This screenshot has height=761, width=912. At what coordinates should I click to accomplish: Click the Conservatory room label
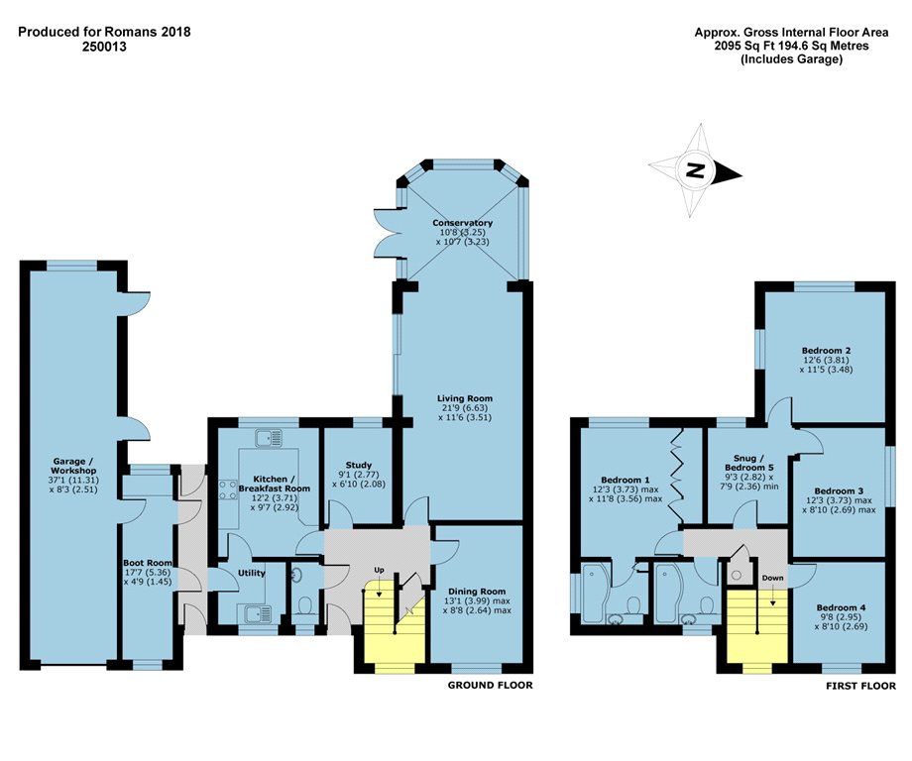(x=462, y=223)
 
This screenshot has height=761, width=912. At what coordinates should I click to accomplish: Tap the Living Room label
(x=465, y=398)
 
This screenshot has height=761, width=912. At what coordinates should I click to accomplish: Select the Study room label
(x=358, y=465)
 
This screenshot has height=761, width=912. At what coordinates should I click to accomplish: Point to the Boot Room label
(x=148, y=563)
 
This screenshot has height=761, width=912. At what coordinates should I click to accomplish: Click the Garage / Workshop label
(x=73, y=466)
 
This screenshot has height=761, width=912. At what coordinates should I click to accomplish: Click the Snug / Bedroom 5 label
(x=749, y=463)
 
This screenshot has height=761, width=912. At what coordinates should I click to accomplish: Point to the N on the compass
(x=695, y=170)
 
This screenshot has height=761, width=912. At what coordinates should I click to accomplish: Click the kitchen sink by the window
(x=268, y=438)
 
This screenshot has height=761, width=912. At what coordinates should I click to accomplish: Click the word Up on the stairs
(x=379, y=570)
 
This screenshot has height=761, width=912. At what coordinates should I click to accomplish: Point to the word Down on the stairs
(x=772, y=578)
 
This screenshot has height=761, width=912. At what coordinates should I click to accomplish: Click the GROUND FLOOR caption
(x=491, y=686)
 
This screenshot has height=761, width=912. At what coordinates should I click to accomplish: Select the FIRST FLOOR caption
(x=860, y=686)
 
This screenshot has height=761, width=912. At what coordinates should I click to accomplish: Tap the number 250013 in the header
(x=104, y=47)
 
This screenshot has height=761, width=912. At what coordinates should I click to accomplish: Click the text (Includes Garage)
(x=791, y=59)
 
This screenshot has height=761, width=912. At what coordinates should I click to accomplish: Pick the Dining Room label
(x=477, y=592)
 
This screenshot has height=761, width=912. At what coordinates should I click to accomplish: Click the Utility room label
(x=251, y=573)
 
